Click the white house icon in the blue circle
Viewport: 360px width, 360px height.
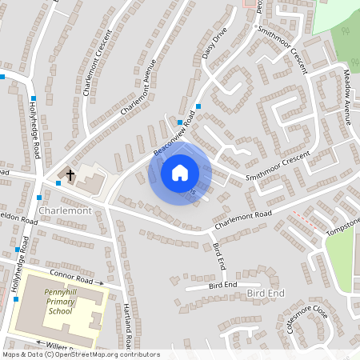(x=180, y=172)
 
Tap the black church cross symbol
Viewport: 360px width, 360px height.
(x=70, y=174)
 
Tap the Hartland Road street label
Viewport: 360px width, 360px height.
(x=127, y=324)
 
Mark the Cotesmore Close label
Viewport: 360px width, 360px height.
(x=307, y=318)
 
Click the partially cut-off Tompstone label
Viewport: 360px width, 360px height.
(x=344, y=226)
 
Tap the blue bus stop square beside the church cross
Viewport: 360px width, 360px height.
(x=58, y=183)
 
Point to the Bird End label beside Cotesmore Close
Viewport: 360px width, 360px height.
(x=266, y=294)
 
